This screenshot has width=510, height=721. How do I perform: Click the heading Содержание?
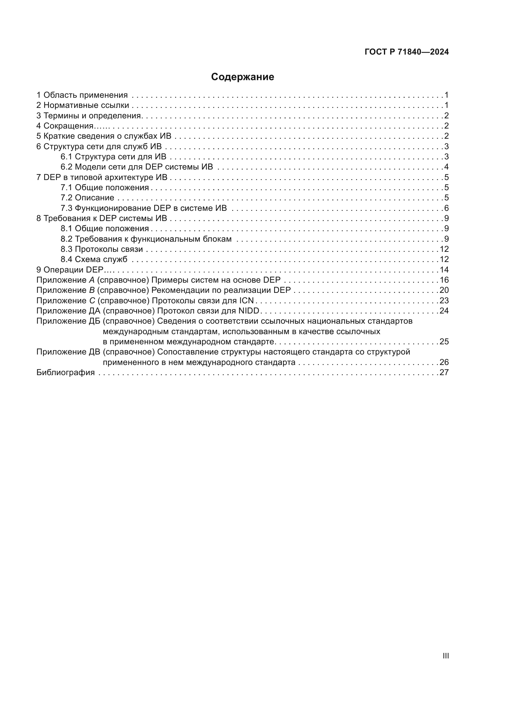coord(242,77)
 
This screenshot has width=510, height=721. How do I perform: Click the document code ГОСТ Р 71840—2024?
coord(406,52)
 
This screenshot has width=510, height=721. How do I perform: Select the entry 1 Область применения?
coord(82,95)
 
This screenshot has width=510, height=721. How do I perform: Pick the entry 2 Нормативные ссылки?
coord(83,105)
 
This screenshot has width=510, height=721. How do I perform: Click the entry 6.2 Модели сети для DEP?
coord(137,167)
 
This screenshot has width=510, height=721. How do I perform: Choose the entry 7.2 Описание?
coord(87,198)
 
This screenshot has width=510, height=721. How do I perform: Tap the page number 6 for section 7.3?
coord(446,208)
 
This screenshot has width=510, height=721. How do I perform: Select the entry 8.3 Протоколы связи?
coord(102,249)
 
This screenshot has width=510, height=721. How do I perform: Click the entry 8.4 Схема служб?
coord(94,259)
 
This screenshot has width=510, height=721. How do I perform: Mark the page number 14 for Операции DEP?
coord(444,270)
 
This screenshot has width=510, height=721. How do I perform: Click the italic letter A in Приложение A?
coord(92,280)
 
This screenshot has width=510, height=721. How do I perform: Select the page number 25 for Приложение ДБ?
coord(444,342)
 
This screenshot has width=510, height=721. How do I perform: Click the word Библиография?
coord(66,372)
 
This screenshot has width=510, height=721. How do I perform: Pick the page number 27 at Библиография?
coord(444,372)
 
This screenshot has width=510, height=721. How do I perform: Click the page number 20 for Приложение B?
coord(444,290)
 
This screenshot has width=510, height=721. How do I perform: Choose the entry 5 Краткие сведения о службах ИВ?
coord(104,136)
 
